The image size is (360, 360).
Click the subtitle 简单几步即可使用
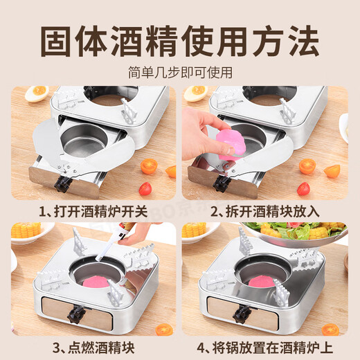pyautogui.click(x=180, y=72)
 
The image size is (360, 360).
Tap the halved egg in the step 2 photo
pyautogui.click(x=197, y=91)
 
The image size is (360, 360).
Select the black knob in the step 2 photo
pyautogui.click(x=222, y=183)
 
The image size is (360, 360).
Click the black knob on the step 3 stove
pyautogui.click(x=73, y=315)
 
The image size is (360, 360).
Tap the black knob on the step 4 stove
pyautogui.click(x=242, y=315)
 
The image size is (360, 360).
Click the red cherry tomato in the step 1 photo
pyautogui.click(x=145, y=188)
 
